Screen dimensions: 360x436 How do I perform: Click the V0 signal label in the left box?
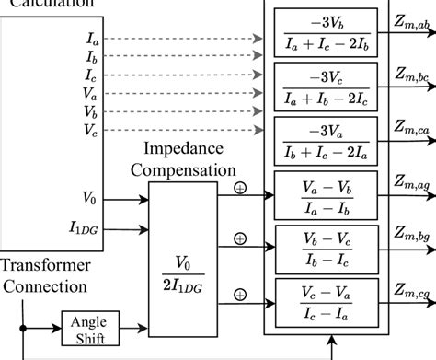(x=91, y=196)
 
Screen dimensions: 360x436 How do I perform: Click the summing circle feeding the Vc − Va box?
(x=240, y=295)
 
